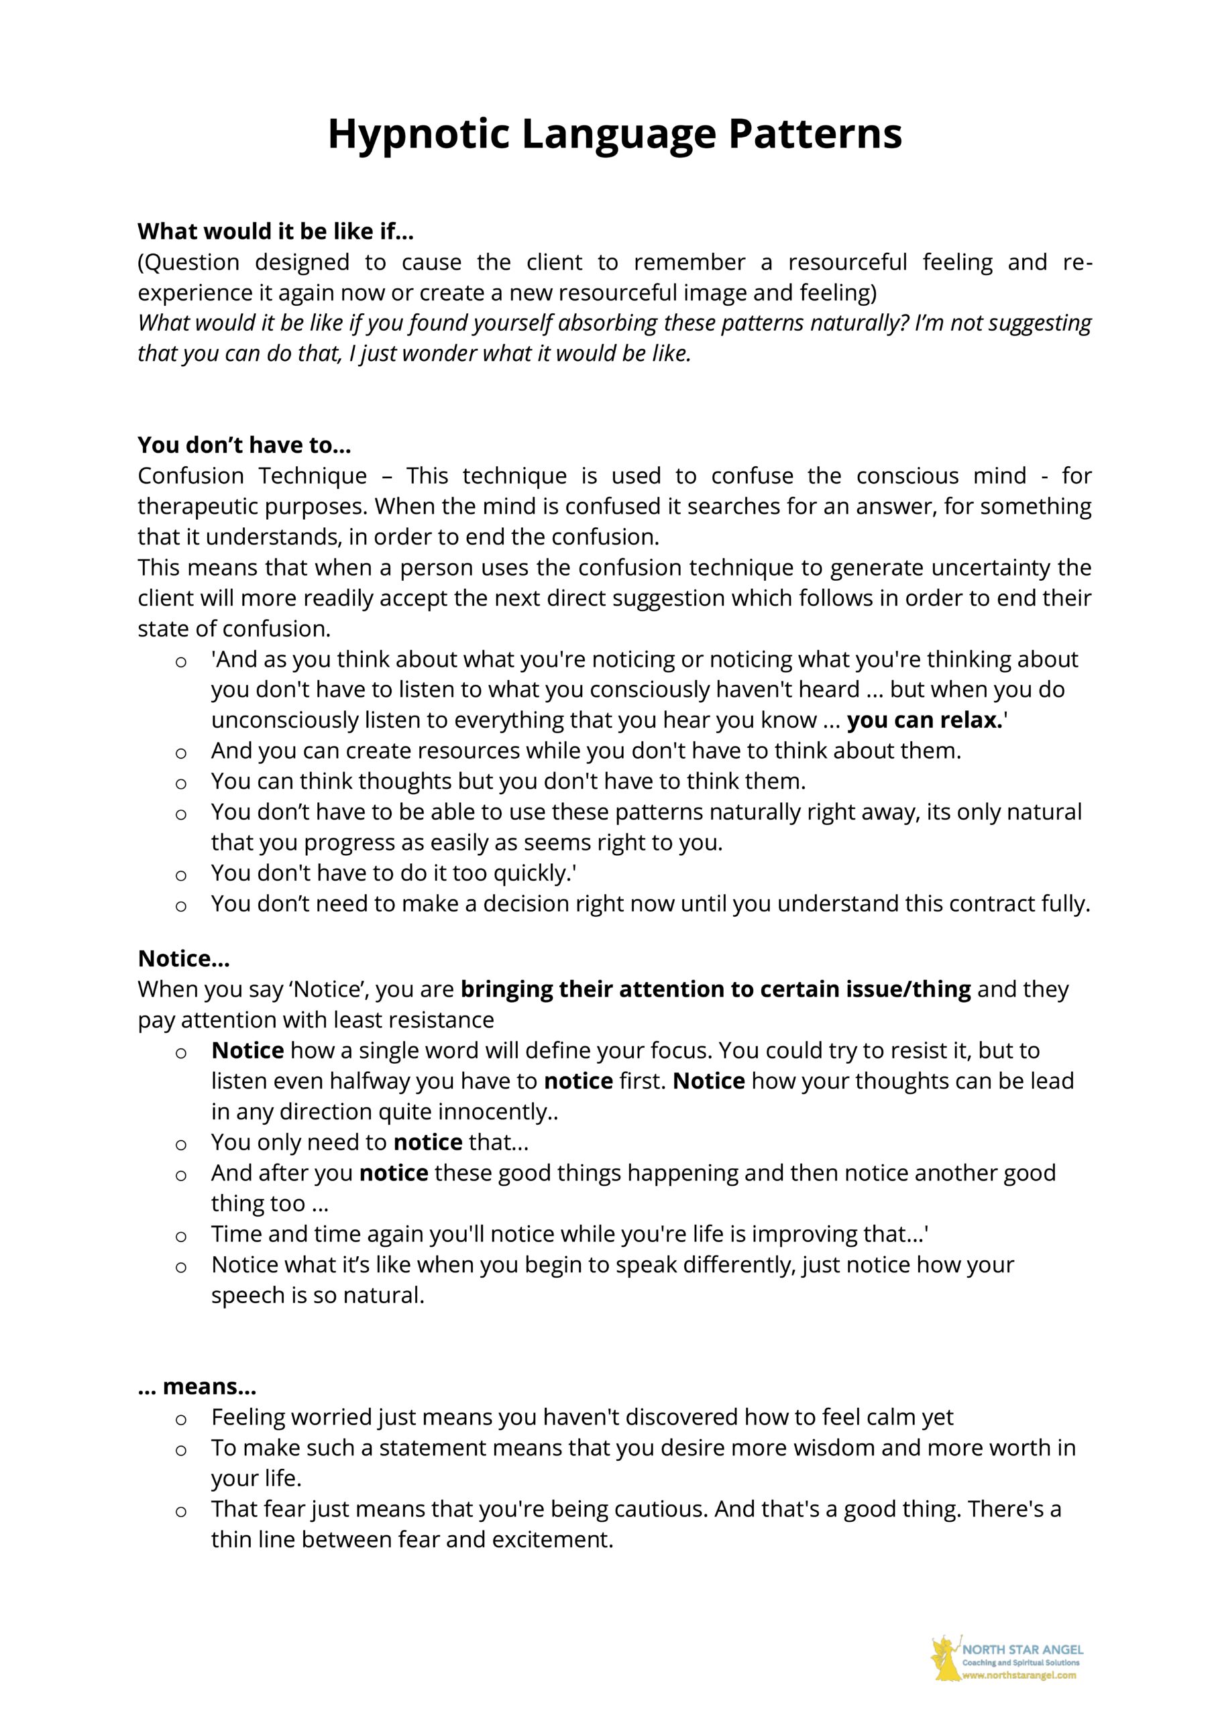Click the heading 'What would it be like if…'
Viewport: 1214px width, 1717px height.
click(x=275, y=232)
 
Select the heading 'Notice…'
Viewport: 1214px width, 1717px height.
click(x=183, y=958)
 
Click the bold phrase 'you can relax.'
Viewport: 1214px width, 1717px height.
click(x=924, y=720)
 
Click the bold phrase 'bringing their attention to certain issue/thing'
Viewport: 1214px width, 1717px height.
click(x=715, y=989)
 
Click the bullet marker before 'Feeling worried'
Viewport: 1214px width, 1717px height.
click(x=180, y=1419)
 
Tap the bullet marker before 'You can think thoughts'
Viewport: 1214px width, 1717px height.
click(x=180, y=783)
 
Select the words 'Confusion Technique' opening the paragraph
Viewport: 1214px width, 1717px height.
click(x=252, y=476)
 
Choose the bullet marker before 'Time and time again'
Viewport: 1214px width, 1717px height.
click(x=180, y=1236)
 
